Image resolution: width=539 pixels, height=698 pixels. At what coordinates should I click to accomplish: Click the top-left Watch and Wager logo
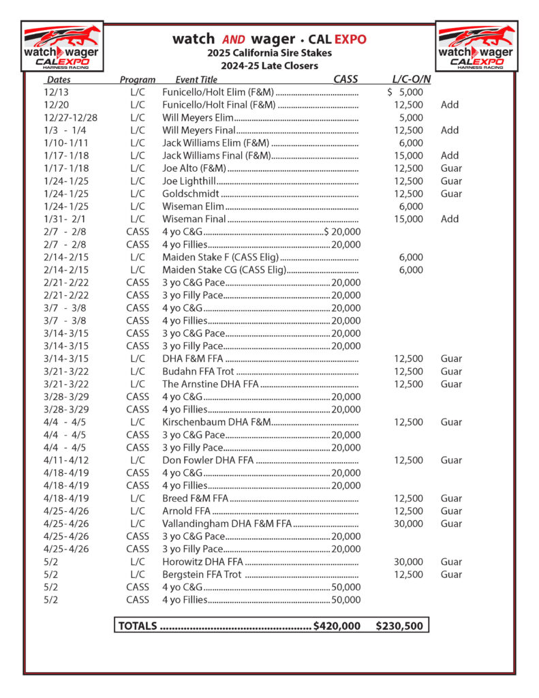click(x=62, y=46)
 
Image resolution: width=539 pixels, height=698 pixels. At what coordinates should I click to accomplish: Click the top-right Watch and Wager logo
click(x=476, y=46)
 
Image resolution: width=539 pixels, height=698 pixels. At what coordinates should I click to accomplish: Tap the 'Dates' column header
click(x=59, y=80)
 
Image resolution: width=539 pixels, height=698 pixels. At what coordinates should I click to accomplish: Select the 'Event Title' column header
click(x=196, y=80)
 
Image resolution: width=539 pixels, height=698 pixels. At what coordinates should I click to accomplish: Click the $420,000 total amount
click(x=337, y=626)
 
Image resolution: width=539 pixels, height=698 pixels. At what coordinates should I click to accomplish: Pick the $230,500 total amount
click(x=399, y=626)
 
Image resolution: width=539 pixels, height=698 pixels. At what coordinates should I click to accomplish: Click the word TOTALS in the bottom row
click(x=138, y=626)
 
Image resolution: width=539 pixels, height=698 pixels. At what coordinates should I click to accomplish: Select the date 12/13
click(x=55, y=92)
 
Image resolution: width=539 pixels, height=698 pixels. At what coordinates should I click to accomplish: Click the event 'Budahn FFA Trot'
click(x=198, y=371)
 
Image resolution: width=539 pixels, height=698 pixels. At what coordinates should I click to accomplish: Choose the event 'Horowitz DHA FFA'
click(x=202, y=562)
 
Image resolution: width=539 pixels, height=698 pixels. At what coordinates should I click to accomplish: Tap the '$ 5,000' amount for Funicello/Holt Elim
click(x=405, y=92)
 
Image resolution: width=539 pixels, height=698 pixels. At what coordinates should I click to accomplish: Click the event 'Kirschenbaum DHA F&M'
click(x=216, y=422)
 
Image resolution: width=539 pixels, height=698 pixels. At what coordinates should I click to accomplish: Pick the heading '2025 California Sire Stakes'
click(x=269, y=53)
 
